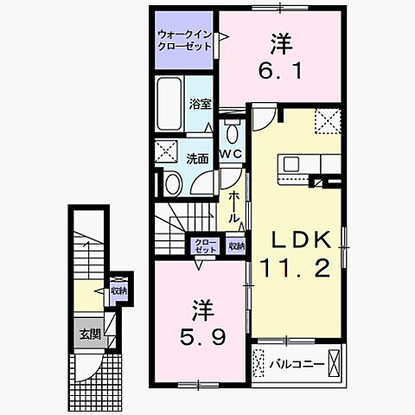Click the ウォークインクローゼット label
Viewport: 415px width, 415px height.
coord(184,40)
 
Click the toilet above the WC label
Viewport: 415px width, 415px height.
coord(232,131)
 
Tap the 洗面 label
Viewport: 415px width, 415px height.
coord(197,158)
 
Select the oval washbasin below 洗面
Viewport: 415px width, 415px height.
coord(172,182)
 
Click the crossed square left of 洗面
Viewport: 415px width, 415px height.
coord(167,154)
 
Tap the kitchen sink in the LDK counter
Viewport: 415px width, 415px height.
coord(289,163)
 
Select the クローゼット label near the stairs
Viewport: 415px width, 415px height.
coord(205,245)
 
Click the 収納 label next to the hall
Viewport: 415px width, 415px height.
coord(236,246)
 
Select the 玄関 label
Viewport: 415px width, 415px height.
coord(90,334)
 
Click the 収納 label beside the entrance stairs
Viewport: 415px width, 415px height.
coord(118,291)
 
